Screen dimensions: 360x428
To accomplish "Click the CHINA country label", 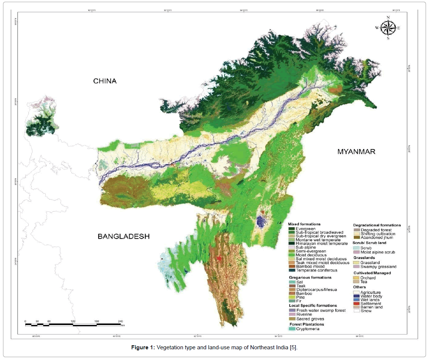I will coord(105,81).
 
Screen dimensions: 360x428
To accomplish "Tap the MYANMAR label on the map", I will coord(356,151).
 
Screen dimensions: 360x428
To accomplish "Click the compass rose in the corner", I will coord(388,28).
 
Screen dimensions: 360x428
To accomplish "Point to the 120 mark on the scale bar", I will coord(73,322).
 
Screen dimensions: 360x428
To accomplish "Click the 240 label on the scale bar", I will coord(120,322).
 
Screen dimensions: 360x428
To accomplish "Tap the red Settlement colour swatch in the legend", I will coord(357,304).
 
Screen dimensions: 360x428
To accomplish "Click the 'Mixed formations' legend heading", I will coord(304,224).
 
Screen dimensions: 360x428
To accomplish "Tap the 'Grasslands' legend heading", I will coord(364,258).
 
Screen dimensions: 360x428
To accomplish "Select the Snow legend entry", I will coord(366,311).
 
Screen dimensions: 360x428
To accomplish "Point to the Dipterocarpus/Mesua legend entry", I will coord(316,290).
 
